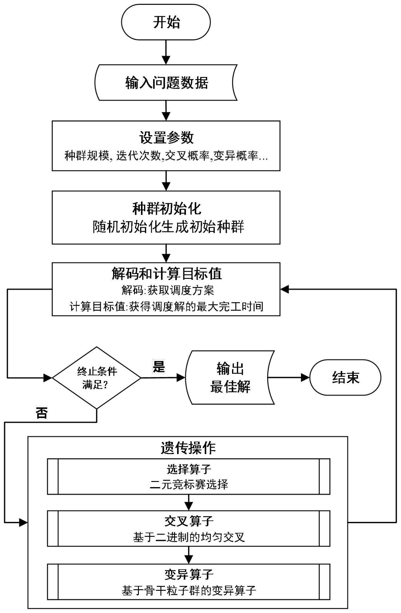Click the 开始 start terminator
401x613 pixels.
tap(166, 22)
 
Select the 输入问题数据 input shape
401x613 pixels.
tap(166, 83)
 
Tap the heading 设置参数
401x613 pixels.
tap(166, 138)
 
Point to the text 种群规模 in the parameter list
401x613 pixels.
tap(87, 156)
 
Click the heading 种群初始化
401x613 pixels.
tap(166, 208)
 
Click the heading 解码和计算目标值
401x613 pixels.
tap(166, 273)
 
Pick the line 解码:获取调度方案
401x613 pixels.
tap(167, 290)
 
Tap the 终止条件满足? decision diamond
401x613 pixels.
tap(97, 378)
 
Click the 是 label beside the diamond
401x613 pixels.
tap(159, 366)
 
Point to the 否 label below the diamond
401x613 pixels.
tap(42, 413)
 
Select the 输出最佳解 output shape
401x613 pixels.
tap(230, 377)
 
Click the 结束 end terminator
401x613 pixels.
tap(345, 377)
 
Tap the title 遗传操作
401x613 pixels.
tap(188, 448)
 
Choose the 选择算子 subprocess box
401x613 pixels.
tap(188, 476)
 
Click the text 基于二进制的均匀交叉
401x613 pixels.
tap(188, 537)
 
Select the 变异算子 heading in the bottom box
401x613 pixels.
tap(188, 575)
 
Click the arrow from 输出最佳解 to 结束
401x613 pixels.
tap(289, 377)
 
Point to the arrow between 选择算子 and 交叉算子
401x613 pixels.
tap(188, 502)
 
